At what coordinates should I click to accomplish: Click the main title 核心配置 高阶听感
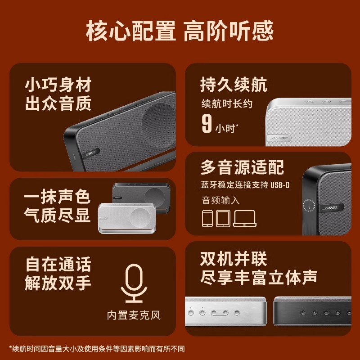pyautogui.click(x=180, y=31)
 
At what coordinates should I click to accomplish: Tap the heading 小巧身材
pyautogui.click(x=58, y=84)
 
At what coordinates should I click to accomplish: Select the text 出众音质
pyautogui.click(x=58, y=104)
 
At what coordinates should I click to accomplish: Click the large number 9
pyautogui.click(x=207, y=124)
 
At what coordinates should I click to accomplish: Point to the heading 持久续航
pyautogui.click(x=234, y=84)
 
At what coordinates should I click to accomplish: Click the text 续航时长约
pyautogui.click(x=227, y=104)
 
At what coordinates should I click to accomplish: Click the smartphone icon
pyautogui.click(x=207, y=218)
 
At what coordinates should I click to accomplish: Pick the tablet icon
pyautogui.click(x=223, y=218)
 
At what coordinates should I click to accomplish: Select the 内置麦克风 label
pyautogui.click(x=134, y=315)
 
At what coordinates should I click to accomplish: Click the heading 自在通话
pyautogui.click(x=58, y=264)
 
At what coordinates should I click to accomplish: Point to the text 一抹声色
pyautogui.click(x=58, y=197)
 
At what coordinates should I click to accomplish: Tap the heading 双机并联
pyautogui.click(x=234, y=259)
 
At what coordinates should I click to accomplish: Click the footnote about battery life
pyautogui.click(x=97, y=348)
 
